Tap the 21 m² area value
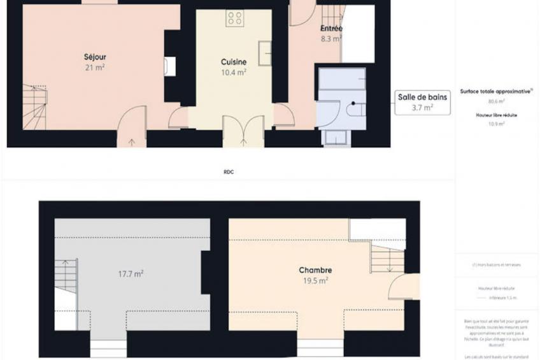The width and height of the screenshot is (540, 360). coord(94,67)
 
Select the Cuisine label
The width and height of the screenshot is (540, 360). coord(234,62)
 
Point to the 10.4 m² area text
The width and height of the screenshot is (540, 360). coord(234,72)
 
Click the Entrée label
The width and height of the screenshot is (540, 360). coord(331,29)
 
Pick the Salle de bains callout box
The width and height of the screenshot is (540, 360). coord(423,102)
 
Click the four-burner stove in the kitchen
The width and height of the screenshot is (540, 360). coord(234,19)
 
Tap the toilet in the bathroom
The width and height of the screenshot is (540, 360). coord(354,109)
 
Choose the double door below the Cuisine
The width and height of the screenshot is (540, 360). coord(243,131)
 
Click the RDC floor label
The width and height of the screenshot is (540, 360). coord(229,172)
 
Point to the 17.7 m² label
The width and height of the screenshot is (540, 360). coord(131,274)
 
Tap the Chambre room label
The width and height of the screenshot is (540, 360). coord(315,270)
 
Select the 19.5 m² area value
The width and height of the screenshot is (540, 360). coord(315,280)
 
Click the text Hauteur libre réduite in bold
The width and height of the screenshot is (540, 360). coord(497,115)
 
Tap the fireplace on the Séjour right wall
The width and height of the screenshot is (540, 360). coord(169,66)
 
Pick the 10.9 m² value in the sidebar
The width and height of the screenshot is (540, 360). coord(497,124)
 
